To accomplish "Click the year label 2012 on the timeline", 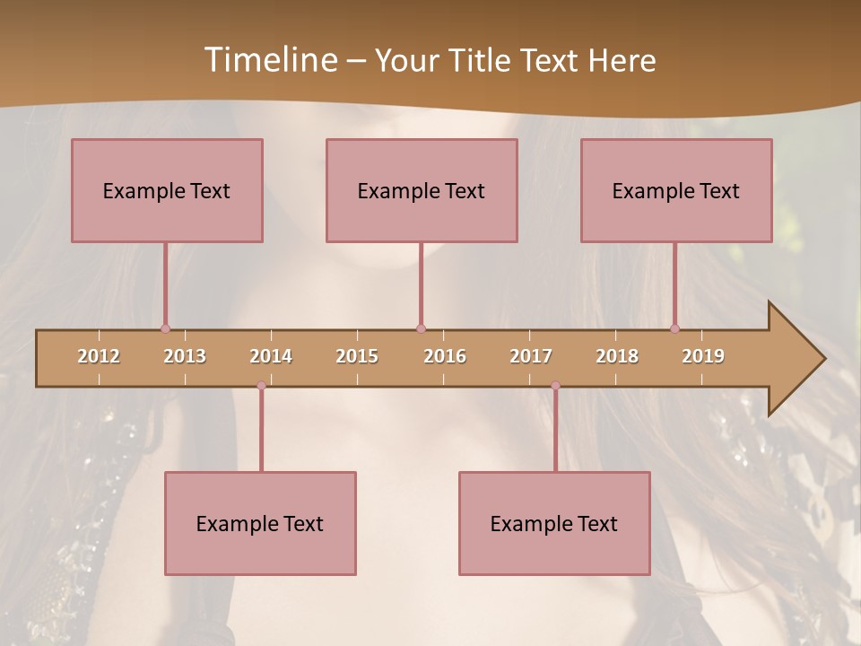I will coord(99,356).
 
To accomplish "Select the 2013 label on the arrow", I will coord(185,356).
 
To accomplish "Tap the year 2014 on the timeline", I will coord(271,356).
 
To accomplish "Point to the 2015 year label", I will coord(357,356).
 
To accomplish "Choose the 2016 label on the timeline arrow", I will coord(445,356).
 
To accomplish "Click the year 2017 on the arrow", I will coord(531,356).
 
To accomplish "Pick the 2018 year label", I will coord(617,356).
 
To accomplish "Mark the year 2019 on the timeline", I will coord(703,356).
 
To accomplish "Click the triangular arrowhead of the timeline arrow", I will coord(794,359).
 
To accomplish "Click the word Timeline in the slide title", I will coord(269,60).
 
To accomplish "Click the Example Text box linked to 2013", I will coord(167,190).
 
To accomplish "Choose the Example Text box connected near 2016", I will coord(422,190).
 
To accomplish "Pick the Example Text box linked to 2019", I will coord(676,190).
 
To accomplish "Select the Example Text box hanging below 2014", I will coord(260,523).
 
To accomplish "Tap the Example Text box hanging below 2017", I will coord(554,523).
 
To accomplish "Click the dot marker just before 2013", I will coord(165,328).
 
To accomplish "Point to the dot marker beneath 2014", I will coord(261,386).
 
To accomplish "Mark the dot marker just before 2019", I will coord(674,328).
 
